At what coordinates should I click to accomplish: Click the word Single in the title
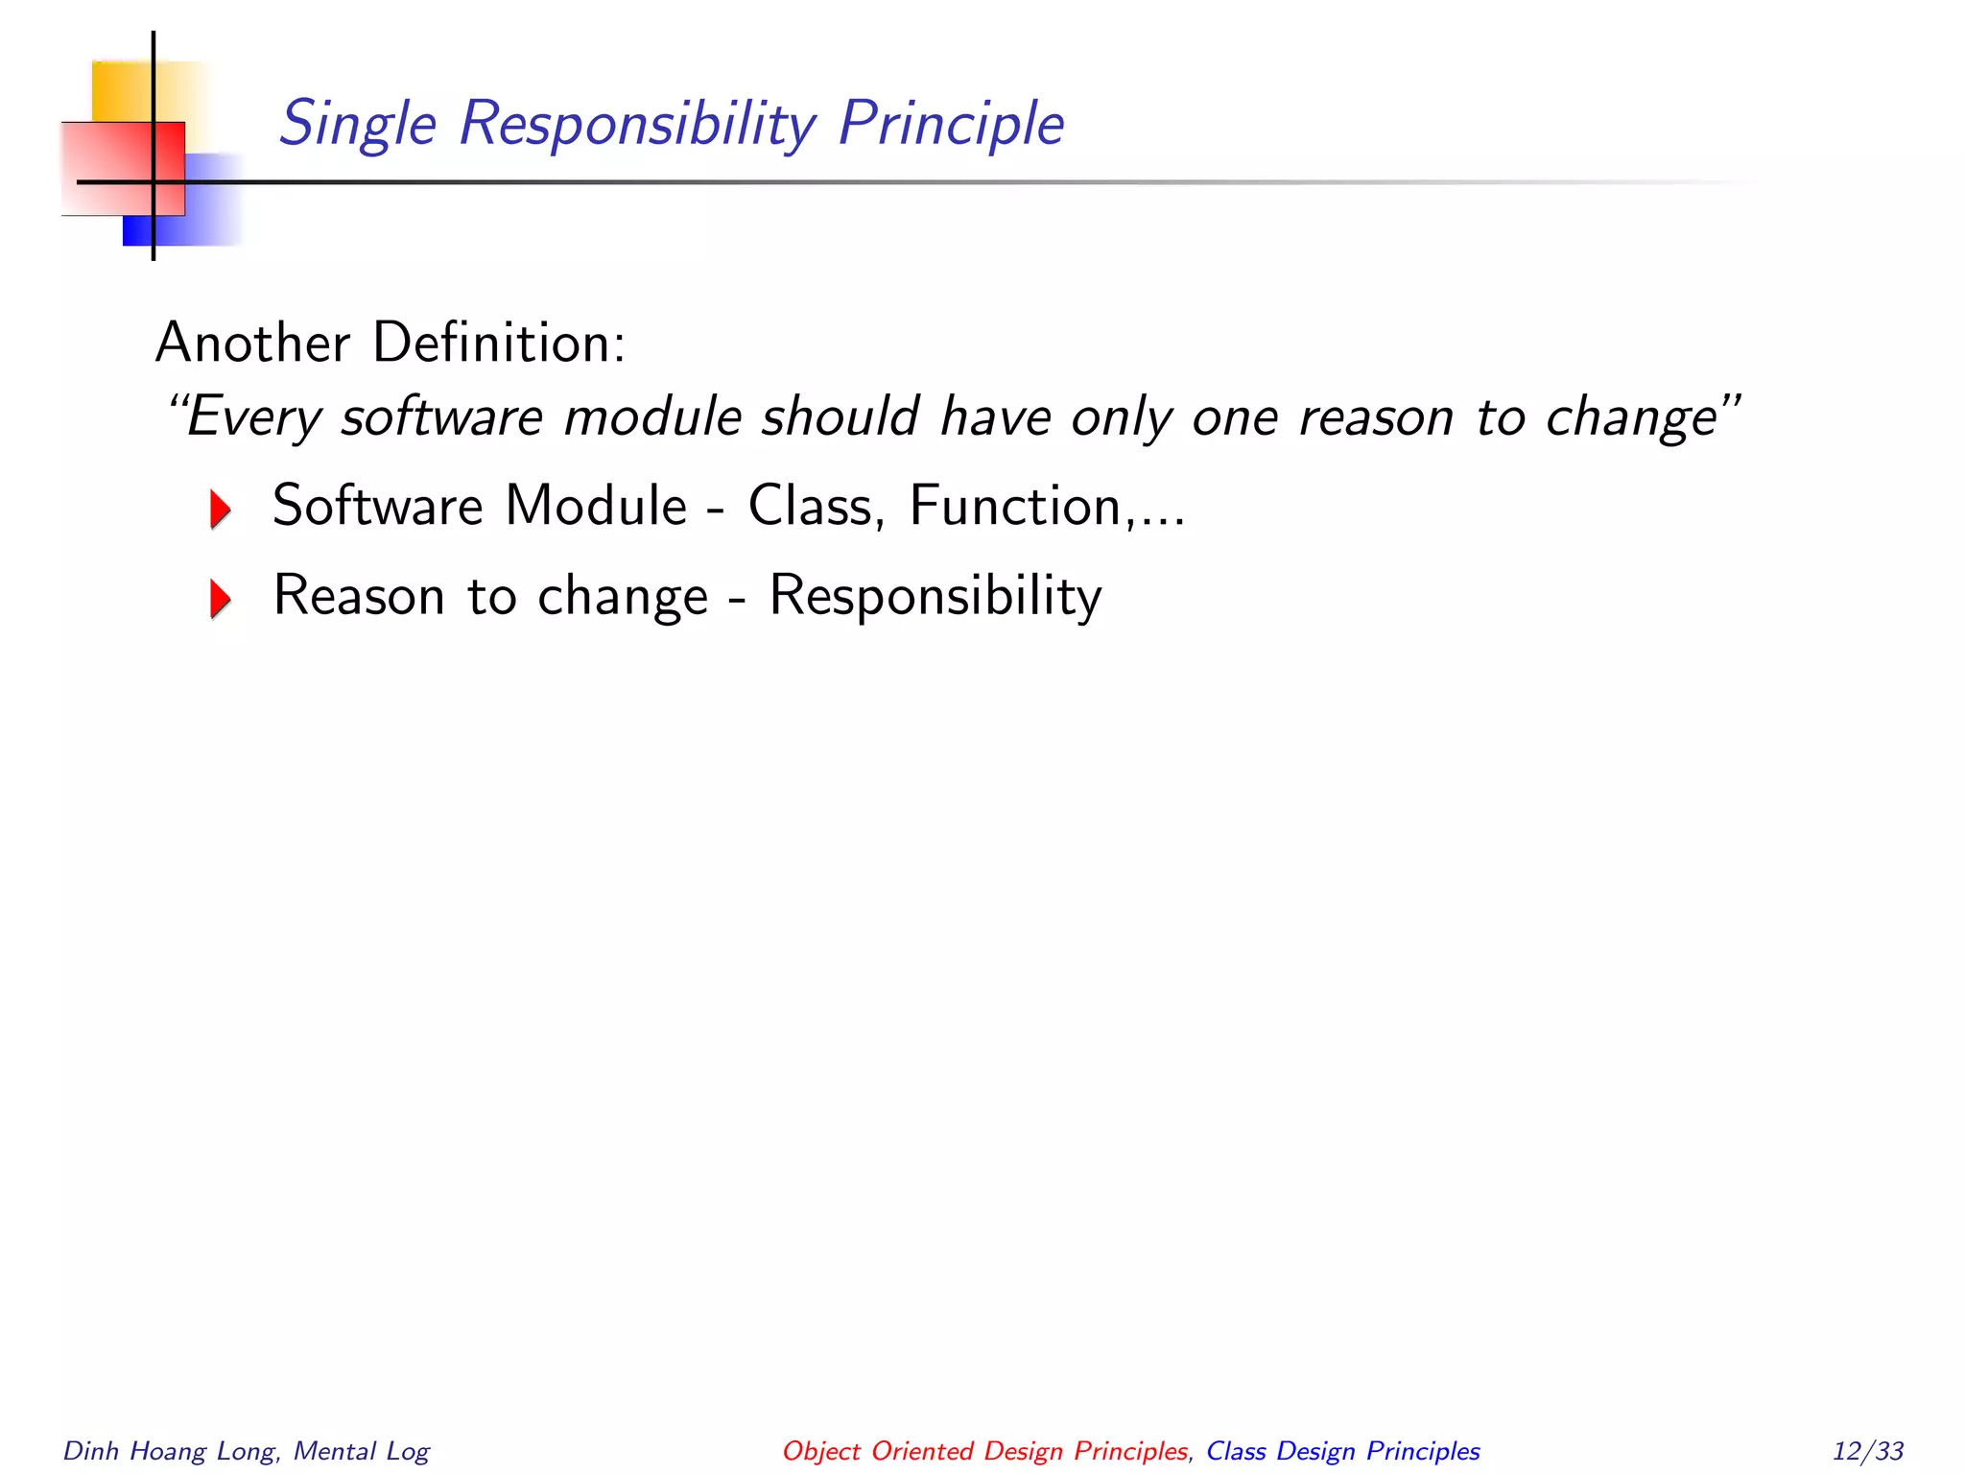tap(357, 125)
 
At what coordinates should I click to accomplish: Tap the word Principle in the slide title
tap(950, 125)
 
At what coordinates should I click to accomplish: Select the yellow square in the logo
tap(120, 91)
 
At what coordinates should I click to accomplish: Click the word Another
tap(252, 343)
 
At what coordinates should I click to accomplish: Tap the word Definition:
tap(499, 343)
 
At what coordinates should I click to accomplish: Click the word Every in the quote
tap(252, 417)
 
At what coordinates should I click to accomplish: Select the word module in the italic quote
tap(652, 417)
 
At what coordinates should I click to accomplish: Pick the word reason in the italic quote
tap(1375, 417)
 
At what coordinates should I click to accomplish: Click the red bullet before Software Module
tap(221, 509)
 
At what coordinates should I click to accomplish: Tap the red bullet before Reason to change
tap(221, 599)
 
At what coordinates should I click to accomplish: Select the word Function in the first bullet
tap(1014, 506)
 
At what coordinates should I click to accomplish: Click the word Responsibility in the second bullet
tap(935, 596)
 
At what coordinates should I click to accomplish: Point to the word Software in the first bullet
tap(377, 506)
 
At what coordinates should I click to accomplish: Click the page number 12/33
tap(1867, 1451)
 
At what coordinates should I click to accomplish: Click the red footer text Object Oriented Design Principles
tap(984, 1451)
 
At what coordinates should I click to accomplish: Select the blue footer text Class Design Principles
tap(1342, 1451)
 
